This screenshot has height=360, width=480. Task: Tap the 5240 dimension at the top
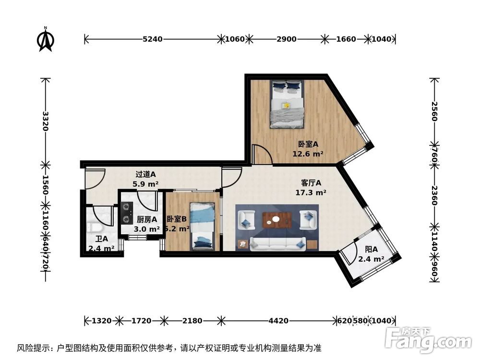(x=153, y=39)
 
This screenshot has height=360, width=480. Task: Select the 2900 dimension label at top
(x=287, y=39)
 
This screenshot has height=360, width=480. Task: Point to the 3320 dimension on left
(x=45, y=121)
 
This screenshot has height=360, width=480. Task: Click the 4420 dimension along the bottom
(x=277, y=320)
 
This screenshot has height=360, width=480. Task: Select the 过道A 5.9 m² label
(x=145, y=179)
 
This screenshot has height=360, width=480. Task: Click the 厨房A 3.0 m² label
(x=147, y=224)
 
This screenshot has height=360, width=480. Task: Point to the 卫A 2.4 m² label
(x=101, y=244)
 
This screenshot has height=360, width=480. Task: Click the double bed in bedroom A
(x=287, y=105)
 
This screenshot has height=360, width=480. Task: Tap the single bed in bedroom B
(x=202, y=226)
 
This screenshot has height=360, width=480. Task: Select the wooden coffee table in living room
(x=277, y=220)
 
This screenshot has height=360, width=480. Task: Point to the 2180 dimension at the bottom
(x=192, y=320)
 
